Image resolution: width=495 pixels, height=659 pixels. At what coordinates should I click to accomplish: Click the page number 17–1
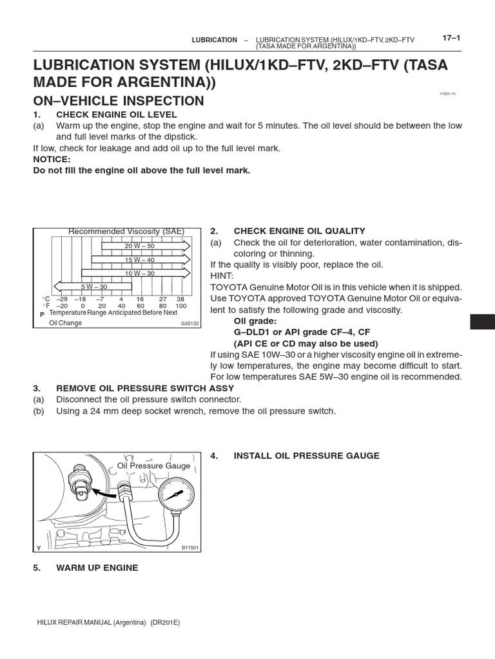tap(451, 38)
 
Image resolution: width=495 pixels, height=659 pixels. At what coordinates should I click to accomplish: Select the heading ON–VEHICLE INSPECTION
tap(119, 101)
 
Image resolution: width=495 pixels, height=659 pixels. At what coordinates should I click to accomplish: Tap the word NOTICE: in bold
tap(52, 159)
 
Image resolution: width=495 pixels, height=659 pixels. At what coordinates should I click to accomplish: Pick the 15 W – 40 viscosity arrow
tap(141, 260)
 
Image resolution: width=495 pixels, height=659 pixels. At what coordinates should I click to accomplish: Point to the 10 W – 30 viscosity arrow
tap(141, 274)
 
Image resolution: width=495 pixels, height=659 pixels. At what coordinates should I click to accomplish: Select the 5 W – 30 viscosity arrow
tap(93, 286)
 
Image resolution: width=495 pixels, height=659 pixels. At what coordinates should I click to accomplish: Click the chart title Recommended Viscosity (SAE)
tap(126, 232)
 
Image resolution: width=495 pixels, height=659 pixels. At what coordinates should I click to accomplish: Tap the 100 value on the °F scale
tap(180, 306)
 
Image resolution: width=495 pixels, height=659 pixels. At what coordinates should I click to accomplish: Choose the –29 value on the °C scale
tap(62, 299)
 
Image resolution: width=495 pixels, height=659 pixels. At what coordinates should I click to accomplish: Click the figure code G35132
tap(189, 324)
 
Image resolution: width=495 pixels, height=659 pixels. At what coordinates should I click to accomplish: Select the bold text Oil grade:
tap(256, 320)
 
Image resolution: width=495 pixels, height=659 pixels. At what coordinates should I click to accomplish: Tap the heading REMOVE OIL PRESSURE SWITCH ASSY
tap(145, 388)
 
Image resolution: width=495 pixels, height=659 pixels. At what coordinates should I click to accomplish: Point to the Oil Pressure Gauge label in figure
tap(153, 465)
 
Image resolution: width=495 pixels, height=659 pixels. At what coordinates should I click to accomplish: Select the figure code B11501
tap(189, 548)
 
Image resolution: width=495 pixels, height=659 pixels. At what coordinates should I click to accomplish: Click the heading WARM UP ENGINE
tap(97, 568)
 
